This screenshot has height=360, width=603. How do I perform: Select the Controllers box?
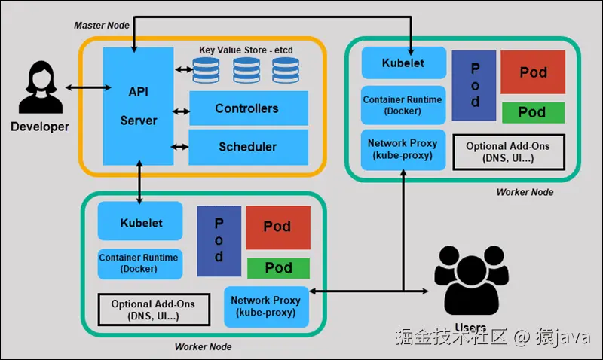[247, 108]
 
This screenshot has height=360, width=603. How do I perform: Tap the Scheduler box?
[247, 147]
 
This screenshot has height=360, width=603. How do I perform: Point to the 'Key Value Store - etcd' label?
[246, 50]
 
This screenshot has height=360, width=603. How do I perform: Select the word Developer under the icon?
[39, 127]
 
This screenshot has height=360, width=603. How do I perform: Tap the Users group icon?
[470, 282]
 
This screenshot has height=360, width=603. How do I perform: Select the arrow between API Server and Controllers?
[181, 112]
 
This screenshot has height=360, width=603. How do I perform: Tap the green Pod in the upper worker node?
[533, 112]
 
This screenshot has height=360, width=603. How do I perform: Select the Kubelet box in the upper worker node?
[403, 63]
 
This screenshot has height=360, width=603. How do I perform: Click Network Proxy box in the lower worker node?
[266, 306]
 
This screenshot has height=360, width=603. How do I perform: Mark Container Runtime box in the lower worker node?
[139, 263]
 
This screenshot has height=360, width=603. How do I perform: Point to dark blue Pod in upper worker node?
[475, 85]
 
